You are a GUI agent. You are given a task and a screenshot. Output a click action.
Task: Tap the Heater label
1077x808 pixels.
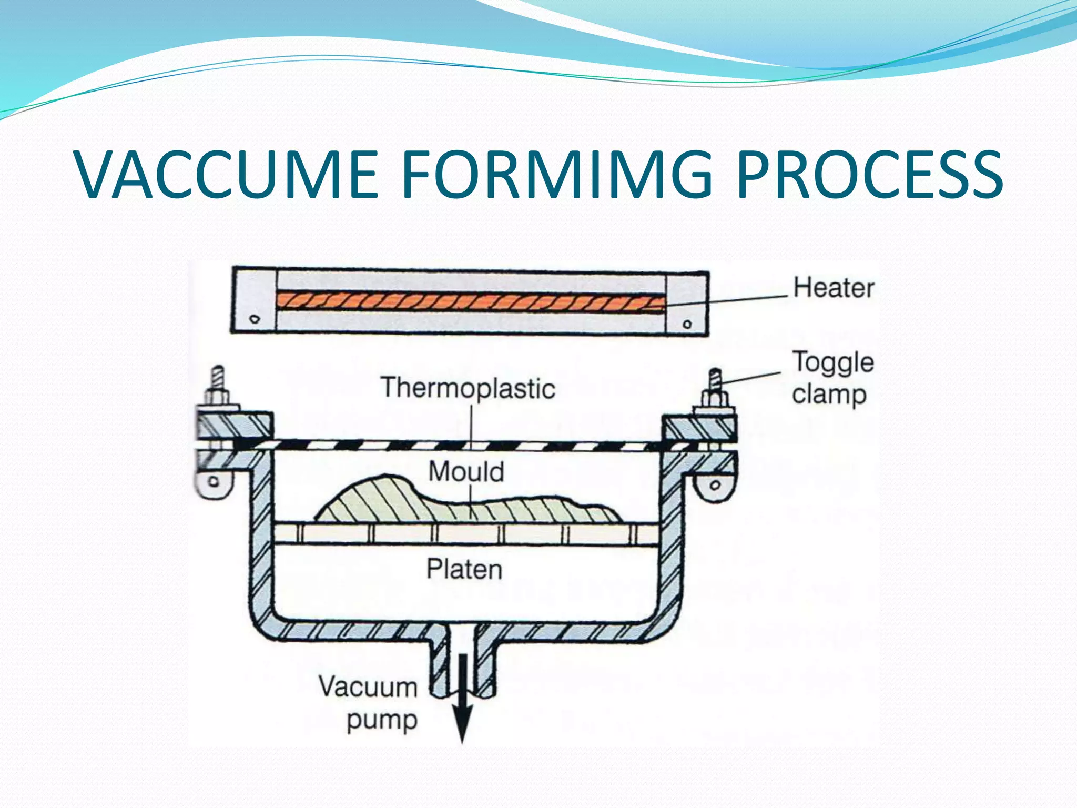tap(834, 288)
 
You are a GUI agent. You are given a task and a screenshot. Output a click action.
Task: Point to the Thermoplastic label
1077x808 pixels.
tap(468, 388)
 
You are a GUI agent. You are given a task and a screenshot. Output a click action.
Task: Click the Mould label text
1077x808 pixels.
tap(466, 471)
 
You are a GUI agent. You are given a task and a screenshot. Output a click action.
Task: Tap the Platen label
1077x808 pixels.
tap(464, 569)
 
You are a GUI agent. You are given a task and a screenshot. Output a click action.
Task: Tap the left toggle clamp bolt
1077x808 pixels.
tap(218, 384)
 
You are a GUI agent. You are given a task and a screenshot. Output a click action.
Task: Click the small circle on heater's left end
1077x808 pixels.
tap(255, 319)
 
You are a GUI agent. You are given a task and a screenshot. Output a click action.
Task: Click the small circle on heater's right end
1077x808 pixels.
tap(687, 324)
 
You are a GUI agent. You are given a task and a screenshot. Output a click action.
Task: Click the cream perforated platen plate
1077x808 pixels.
tap(466, 534)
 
